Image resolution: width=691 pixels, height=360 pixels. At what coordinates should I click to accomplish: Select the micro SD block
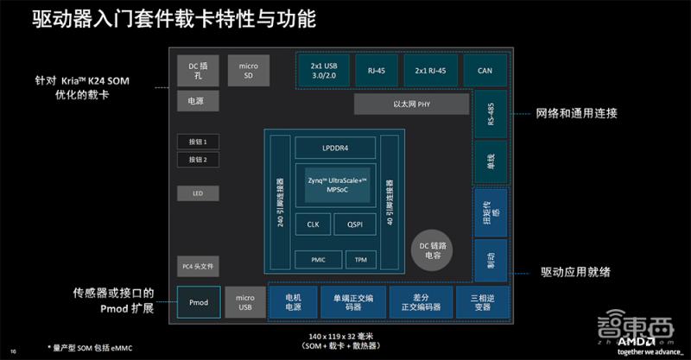coord(247,69)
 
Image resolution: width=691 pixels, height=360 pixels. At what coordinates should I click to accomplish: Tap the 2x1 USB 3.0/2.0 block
coord(321,69)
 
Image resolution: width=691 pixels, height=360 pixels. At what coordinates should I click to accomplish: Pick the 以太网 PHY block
coord(411,104)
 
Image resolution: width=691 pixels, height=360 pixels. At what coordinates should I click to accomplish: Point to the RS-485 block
coord(491,112)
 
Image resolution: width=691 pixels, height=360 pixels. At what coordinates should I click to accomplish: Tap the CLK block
coord(312,224)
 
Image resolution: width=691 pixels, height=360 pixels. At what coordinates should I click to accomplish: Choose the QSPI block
coord(355,224)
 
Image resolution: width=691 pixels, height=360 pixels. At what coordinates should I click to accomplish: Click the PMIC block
coord(312,259)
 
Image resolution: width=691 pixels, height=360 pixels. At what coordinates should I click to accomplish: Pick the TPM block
coord(360,259)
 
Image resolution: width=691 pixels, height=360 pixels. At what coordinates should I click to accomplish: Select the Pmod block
coord(198,303)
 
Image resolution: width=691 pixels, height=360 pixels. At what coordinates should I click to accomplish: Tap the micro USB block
coord(245,303)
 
